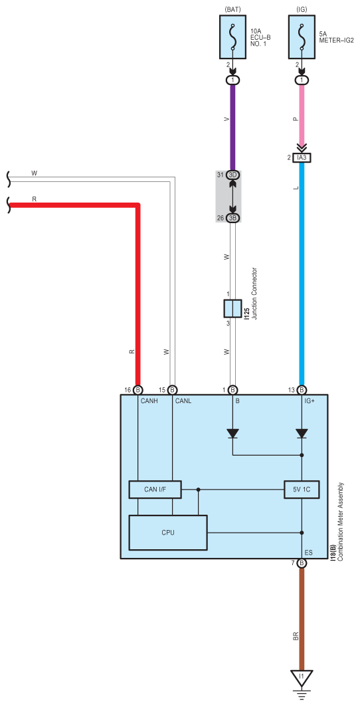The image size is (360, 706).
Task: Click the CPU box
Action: (x=168, y=532)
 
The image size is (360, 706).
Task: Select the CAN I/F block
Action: (x=155, y=489)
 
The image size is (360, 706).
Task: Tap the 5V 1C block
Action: (x=302, y=489)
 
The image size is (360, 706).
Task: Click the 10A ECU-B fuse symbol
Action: (x=232, y=37)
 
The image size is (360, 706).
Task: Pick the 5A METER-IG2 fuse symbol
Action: (x=302, y=37)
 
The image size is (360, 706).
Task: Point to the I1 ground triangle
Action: (x=302, y=677)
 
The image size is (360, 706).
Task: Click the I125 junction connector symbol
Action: (x=232, y=309)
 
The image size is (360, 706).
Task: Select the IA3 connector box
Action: (x=302, y=158)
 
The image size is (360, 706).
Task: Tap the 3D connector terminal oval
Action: (x=233, y=175)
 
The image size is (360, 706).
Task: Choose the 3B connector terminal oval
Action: (x=233, y=218)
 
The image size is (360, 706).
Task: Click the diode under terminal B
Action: (x=232, y=433)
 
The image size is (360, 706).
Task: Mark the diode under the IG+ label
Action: (x=302, y=433)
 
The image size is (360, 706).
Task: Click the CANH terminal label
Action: (x=150, y=400)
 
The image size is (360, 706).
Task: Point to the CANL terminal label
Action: (x=183, y=400)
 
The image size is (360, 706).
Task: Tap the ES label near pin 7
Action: (x=309, y=552)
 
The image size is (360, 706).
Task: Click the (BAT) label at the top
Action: (x=232, y=8)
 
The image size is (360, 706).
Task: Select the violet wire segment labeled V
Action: (x=232, y=127)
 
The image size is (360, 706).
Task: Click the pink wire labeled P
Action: (x=302, y=116)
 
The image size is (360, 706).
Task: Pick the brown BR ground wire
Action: (x=302, y=618)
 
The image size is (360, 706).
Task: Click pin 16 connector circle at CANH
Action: (x=138, y=390)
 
